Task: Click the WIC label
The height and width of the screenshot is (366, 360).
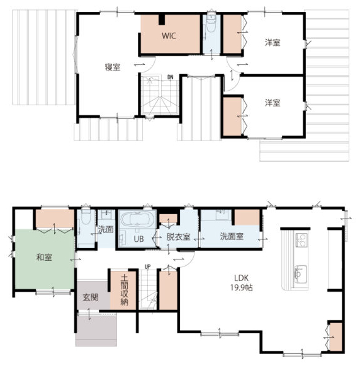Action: [169, 36]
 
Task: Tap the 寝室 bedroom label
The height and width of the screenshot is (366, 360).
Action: [113, 67]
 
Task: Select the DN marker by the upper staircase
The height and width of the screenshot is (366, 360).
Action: [170, 77]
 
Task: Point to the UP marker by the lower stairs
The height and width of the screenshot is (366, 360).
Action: [147, 266]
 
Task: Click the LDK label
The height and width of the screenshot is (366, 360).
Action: [241, 278]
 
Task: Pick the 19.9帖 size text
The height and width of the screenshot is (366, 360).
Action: [241, 287]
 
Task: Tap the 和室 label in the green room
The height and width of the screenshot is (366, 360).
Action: [44, 257]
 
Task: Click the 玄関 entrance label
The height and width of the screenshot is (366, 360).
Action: [91, 297]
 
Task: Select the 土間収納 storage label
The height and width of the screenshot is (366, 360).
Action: [124, 290]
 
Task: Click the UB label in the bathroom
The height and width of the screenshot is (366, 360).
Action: [138, 239]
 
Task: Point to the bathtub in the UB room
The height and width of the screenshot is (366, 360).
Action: [138, 220]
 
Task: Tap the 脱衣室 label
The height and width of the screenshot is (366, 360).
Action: [178, 237]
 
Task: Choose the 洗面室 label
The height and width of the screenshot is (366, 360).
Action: [232, 236]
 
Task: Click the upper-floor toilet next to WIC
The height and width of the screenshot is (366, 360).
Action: [211, 24]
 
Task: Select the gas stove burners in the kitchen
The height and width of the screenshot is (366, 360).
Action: [302, 240]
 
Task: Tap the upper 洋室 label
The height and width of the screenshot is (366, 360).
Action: [273, 43]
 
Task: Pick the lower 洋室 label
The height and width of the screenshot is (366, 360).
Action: [273, 103]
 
